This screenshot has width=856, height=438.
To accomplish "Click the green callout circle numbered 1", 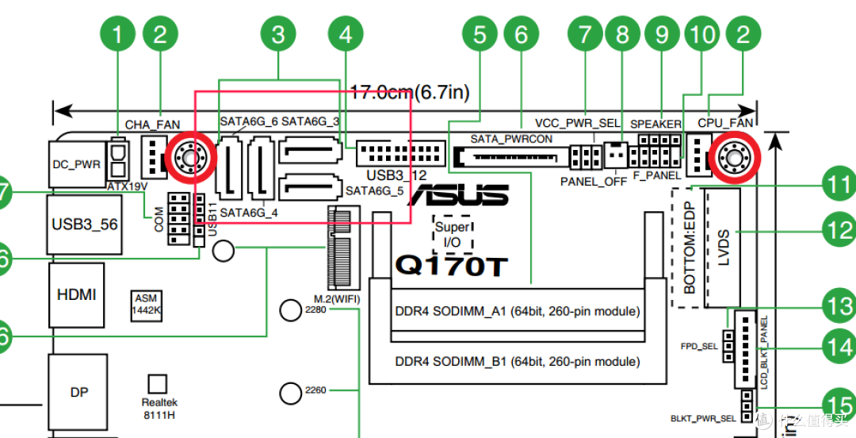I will [x=119, y=35].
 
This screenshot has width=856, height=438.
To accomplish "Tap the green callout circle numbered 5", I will [x=480, y=35].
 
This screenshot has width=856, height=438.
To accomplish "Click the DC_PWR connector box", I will [x=76, y=164].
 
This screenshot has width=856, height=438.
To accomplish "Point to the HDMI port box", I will [x=76, y=294].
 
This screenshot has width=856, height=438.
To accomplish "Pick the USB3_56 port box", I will [x=84, y=225].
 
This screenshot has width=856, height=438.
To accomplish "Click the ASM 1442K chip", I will [x=147, y=305].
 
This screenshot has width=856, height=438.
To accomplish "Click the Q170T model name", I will [x=450, y=267].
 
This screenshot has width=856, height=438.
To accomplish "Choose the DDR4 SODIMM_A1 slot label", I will [x=518, y=311].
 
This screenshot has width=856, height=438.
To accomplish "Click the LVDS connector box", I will [x=722, y=248].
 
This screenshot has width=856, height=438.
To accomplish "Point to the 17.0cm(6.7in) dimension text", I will [x=410, y=93].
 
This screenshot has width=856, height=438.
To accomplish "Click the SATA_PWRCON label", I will [x=511, y=139].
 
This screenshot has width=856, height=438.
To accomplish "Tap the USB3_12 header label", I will [x=396, y=175].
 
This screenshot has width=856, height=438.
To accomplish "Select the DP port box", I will [x=79, y=393].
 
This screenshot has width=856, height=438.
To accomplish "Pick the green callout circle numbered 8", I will [x=622, y=35].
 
